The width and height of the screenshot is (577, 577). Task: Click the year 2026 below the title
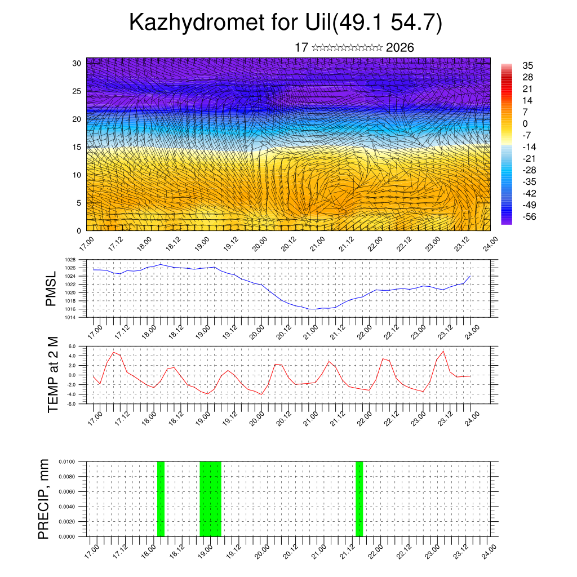click(400, 48)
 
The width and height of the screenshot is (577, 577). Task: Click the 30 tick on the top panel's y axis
click(77, 63)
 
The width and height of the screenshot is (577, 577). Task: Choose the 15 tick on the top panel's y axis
click(77, 147)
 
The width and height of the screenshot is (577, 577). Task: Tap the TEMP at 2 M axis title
click(54, 375)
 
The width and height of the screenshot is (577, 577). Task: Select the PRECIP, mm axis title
click(43, 499)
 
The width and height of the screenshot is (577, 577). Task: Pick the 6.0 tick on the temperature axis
click(72, 346)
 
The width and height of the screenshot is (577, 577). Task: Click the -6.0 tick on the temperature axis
click(72, 403)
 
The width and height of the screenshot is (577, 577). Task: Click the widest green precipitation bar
click(211, 499)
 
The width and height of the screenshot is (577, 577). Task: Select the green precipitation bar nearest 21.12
click(359, 499)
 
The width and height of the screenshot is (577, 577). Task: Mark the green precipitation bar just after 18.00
click(161, 499)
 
